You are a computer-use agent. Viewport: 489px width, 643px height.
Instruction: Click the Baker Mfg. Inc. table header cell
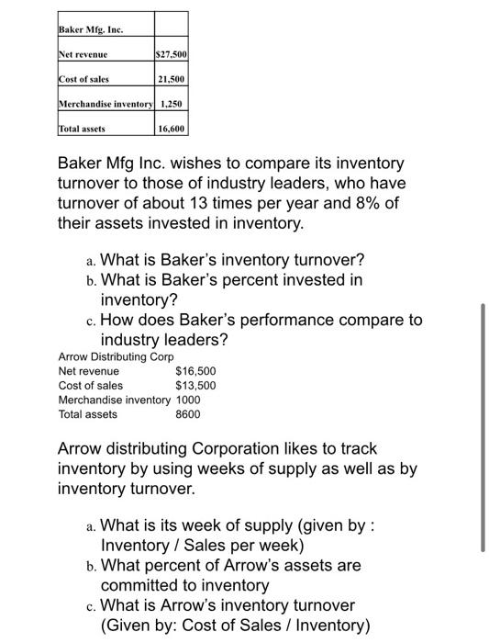point(90,29)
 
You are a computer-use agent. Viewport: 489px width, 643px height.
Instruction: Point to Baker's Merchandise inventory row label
point(106,104)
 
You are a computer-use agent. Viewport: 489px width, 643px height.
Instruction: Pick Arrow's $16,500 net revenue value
point(195,371)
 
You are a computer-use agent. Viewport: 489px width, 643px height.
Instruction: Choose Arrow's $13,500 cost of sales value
point(195,386)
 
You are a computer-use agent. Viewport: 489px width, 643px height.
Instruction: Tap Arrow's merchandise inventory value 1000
point(187,400)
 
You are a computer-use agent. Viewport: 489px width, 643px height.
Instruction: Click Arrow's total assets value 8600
point(187,415)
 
